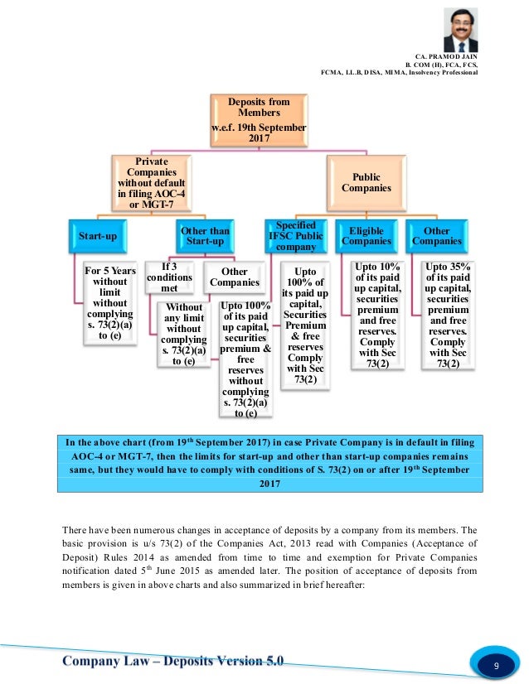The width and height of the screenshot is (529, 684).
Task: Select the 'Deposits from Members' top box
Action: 259,119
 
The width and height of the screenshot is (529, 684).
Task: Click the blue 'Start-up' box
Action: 97,235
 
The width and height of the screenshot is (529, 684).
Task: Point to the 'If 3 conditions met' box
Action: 169,277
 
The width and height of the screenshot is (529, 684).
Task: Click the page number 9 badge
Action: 496,666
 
